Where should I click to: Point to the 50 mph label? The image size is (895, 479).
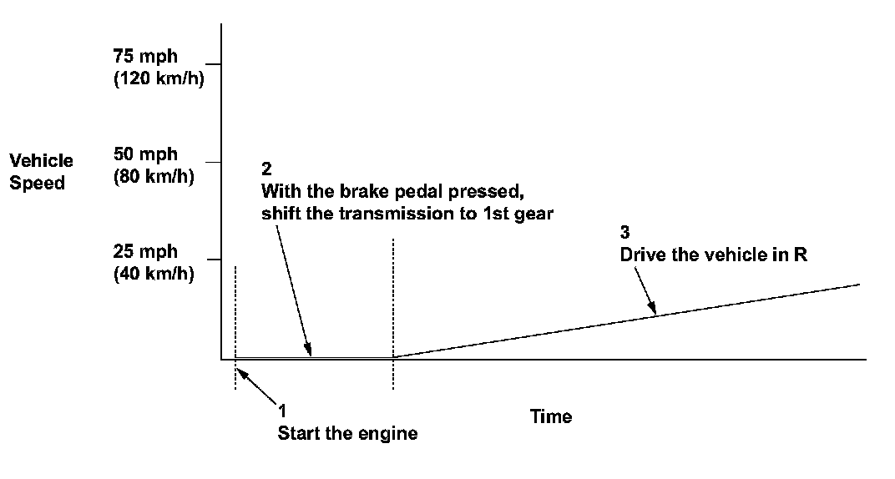pyautogui.click(x=144, y=154)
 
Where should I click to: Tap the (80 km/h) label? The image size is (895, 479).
pyautogui.click(x=154, y=176)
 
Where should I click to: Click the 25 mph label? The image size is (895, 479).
pyautogui.click(x=144, y=251)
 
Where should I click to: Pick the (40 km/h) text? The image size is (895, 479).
pyautogui.click(x=154, y=273)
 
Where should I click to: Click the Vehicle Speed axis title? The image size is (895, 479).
pyautogui.click(x=42, y=171)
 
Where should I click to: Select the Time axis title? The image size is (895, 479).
pyautogui.click(x=551, y=416)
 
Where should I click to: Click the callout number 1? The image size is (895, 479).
pyautogui.click(x=282, y=411)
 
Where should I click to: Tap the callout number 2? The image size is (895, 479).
pyautogui.click(x=266, y=168)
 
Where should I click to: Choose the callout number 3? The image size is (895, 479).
pyautogui.click(x=624, y=232)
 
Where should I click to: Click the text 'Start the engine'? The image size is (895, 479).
pyautogui.click(x=347, y=434)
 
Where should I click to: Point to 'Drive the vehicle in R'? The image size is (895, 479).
pyautogui.click(x=713, y=255)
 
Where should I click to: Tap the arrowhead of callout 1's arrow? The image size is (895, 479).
pyautogui.click(x=239, y=361)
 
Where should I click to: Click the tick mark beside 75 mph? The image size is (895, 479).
pyautogui.click(x=213, y=64)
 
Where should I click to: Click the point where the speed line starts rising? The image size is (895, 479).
pyautogui.click(x=392, y=357)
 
